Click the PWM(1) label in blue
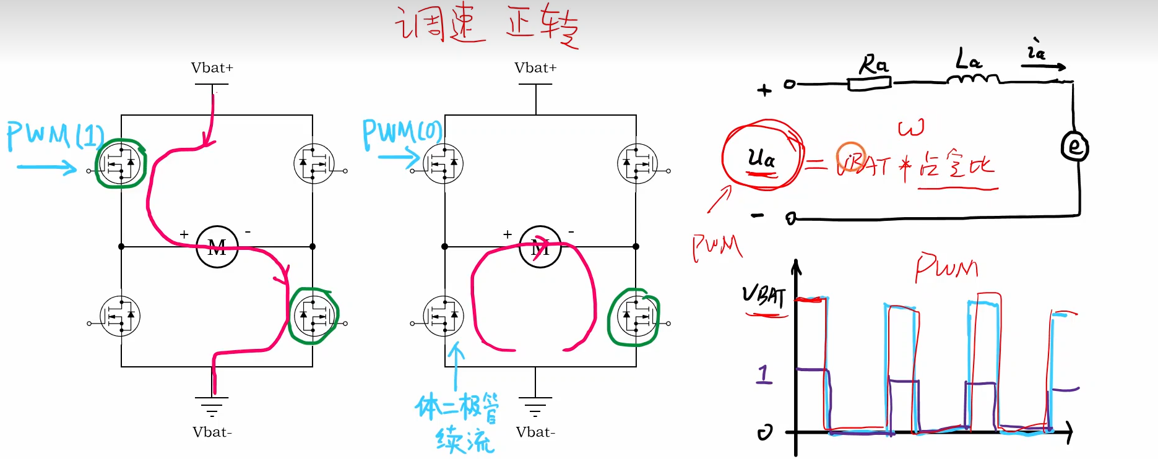(54, 135)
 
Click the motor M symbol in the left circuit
(217, 247)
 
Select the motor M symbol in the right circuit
(540, 247)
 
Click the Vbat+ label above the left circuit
(212, 68)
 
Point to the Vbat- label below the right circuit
(535, 432)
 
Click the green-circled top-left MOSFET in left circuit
(121, 164)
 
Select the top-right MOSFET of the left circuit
(314, 164)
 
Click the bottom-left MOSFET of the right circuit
(444, 317)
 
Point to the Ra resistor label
(873, 64)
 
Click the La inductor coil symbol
(973, 79)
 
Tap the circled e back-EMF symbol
(1075, 147)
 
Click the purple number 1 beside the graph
(765, 374)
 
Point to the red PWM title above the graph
(947, 267)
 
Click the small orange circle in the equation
(850, 157)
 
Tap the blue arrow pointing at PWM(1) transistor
(47, 167)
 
